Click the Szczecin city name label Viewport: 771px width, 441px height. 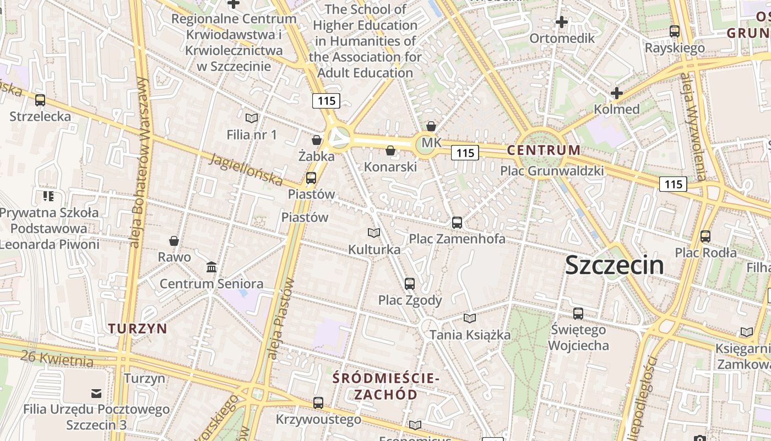coord(614,265)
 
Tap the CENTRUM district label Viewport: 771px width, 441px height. coord(544,150)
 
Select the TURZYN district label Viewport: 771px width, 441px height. coord(138,329)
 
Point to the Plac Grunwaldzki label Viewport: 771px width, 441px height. coord(552,171)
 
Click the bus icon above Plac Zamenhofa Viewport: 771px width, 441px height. coord(457,223)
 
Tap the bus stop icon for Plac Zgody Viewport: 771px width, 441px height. coord(409,284)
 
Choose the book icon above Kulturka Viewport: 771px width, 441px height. coord(373,233)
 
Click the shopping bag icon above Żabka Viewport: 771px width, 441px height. coord(316,140)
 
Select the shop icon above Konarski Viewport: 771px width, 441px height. coord(390,150)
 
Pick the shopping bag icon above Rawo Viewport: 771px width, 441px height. coord(174,241)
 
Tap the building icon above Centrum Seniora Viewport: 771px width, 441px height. coord(211,267)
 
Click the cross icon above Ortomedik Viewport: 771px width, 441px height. coord(561,22)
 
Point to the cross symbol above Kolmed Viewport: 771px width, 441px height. coord(616,93)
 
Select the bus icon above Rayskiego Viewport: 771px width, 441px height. coord(674,31)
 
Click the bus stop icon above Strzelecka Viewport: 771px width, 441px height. coord(40,100)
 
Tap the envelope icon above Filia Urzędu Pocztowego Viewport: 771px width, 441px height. coord(96,393)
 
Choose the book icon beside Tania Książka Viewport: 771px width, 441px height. coord(469,318)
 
